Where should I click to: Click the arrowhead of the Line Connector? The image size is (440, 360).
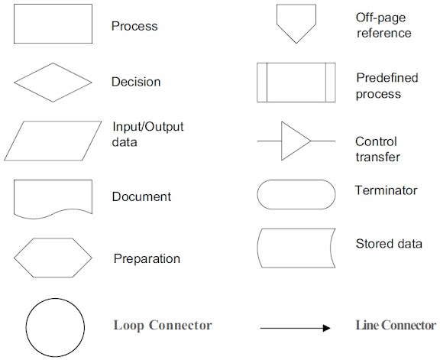tap(327, 328)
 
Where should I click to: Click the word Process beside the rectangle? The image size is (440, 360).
tap(134, 26)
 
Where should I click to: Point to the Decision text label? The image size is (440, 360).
tap(136, 82)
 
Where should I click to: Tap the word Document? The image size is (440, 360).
tap(141, 196)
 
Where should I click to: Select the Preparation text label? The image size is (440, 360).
tap(147, 258)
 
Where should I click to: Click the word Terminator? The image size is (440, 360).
tap(386, 190)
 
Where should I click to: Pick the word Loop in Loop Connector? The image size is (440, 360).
tap(129, 325)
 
